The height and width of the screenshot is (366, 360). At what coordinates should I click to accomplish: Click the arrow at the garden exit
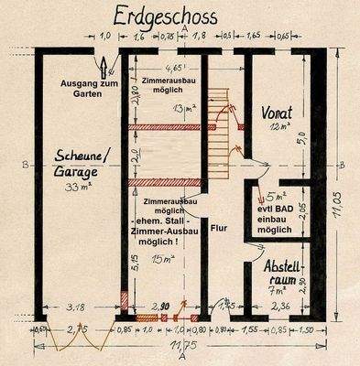pos(104,63)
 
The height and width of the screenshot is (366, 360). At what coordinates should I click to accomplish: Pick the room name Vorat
pos(278,113)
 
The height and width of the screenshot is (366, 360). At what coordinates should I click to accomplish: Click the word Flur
pos(219,230)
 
